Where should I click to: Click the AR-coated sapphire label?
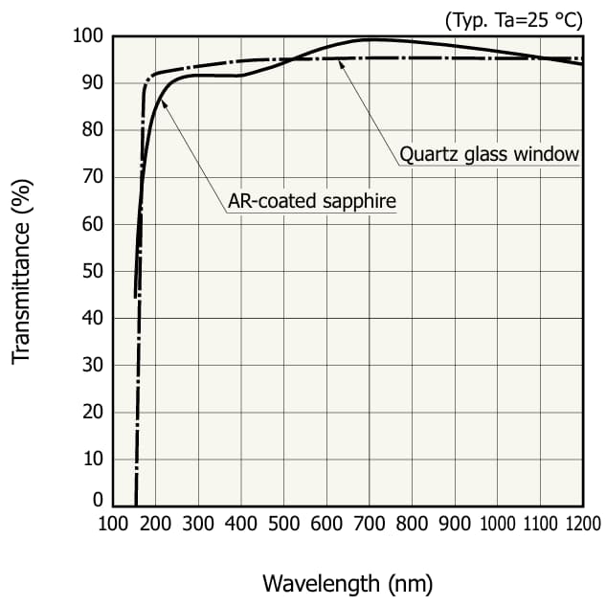[x=311, y=202]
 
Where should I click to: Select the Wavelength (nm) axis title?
[x=348, y=582]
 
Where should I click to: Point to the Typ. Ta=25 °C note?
[x=512, y=18]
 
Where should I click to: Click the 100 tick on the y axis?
[x=88, y=36]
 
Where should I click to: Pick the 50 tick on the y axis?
[x=93, y=271]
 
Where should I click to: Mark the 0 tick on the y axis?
[x=98, y=500]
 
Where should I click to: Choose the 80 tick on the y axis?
[x=93, y=130]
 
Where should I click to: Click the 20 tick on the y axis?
[x=93, y=412]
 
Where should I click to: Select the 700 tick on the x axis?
[x=369, y=524]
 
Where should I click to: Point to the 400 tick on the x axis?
[x=240, y=524]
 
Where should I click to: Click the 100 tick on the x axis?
[x=113, y=524]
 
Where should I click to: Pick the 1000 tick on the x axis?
[x=497, y=524]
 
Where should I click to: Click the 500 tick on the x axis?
[x=283, y=524]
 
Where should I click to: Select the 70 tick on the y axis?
[x=93, y=177]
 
